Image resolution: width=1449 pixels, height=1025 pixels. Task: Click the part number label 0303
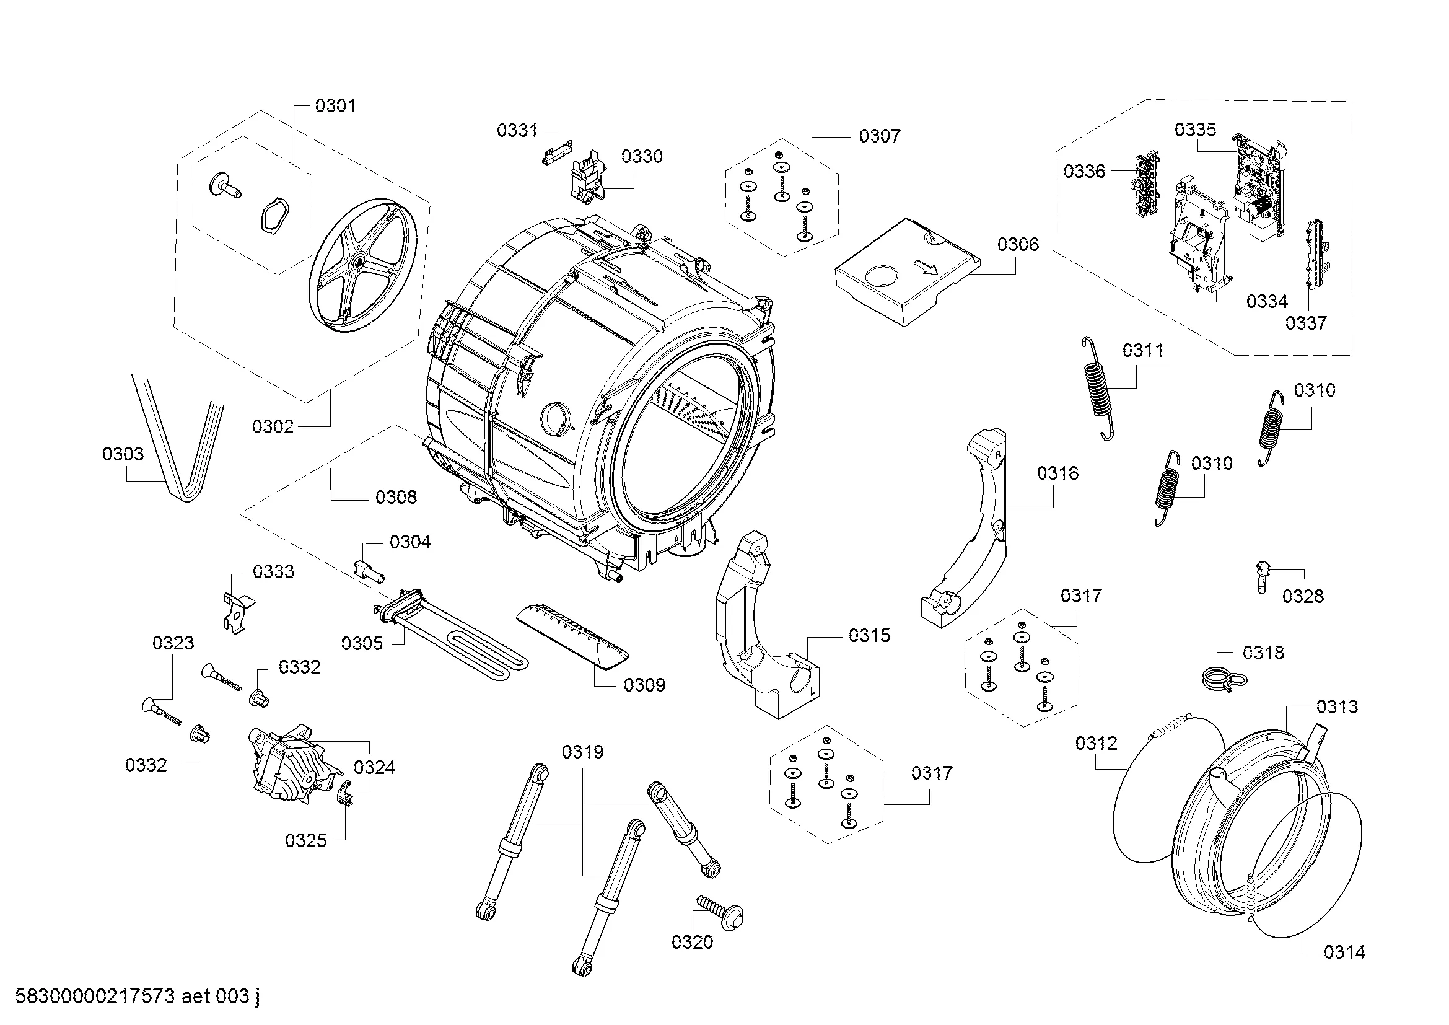point(123,454)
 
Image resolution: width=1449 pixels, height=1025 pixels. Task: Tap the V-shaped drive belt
point(180,442)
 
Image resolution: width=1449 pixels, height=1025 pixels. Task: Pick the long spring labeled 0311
point(1098,388)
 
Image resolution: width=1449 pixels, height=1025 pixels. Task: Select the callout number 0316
point(1057,473)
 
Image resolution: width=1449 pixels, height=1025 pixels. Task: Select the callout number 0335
point(1195,130)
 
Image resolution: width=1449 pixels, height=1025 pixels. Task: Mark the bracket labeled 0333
point(237,610)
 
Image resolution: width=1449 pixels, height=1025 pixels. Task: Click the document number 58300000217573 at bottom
point(95,996)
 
